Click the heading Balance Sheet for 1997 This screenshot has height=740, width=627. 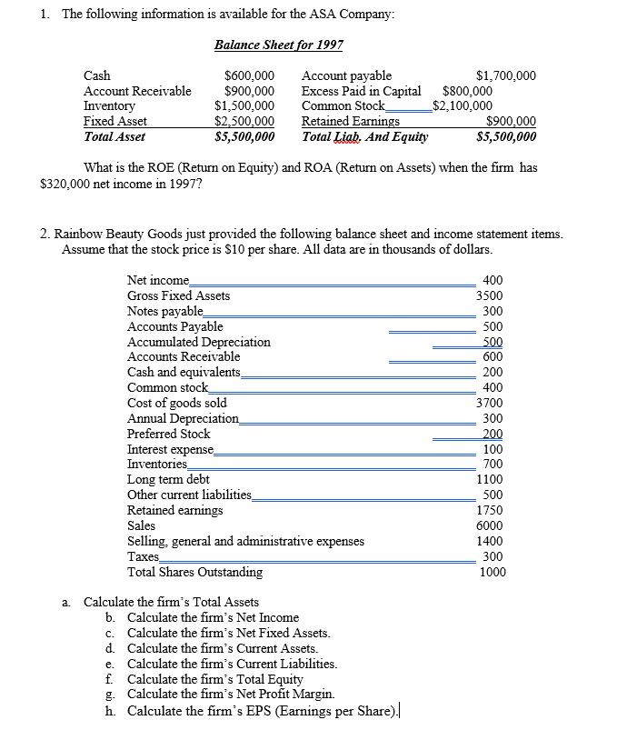(x=278, y=44)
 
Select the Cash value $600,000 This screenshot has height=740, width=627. (x=249, y=76)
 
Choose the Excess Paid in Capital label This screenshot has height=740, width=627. (x=361, y=91)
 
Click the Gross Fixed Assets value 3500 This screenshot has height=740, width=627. (x=490, y=295)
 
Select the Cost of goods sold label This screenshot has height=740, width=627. (x=177, y=403)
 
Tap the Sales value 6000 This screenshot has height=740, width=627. (x=490, y=525)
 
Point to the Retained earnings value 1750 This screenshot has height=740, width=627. (x=490, y=510)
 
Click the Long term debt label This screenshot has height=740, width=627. (x=168, y=479)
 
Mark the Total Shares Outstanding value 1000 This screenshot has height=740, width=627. (x=491, y=572)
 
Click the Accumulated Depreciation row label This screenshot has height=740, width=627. (x=198, y=342)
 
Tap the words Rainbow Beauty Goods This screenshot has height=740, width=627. (x=120, y=235)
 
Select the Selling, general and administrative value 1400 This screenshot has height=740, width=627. (x=490, y=541)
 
